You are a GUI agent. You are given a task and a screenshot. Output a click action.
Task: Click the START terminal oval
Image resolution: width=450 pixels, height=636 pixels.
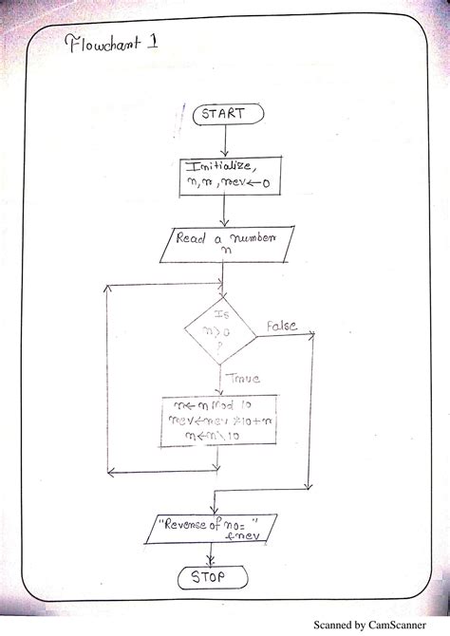click(225, 115)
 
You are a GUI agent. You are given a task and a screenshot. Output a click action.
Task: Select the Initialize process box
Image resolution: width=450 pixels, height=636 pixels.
click(224, 178)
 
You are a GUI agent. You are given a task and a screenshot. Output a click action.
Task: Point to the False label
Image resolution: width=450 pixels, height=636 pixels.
click(281, 326)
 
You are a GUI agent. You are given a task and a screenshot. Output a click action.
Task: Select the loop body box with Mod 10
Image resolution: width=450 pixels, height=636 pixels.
click(220, 420)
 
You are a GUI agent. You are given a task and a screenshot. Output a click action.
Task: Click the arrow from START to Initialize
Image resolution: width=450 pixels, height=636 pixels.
click(225, 140)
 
